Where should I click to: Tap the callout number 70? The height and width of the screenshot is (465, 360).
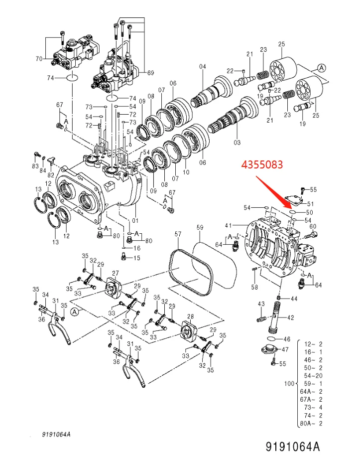(39, 59)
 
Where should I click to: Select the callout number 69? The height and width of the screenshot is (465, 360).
(150, 73)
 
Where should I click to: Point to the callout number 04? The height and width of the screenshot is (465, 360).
(202, 66)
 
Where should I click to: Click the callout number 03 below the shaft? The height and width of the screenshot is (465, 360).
(237, 143)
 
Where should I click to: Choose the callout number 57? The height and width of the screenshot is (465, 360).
(178, 233)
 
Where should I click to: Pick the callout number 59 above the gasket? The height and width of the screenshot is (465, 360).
(200, 228)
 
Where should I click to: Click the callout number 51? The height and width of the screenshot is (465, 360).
(310, 203)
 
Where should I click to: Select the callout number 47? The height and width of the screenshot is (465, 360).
(285, 349)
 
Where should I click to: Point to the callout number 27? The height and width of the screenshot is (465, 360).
(115, 273)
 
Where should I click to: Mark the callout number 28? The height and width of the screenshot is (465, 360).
(190, 316)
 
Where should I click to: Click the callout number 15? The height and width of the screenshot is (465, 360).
(137, 258)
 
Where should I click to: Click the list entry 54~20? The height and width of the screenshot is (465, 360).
(313, 375)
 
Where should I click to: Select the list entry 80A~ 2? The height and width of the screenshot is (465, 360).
(313, 424)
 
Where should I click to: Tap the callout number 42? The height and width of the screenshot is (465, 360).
(291, 317)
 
